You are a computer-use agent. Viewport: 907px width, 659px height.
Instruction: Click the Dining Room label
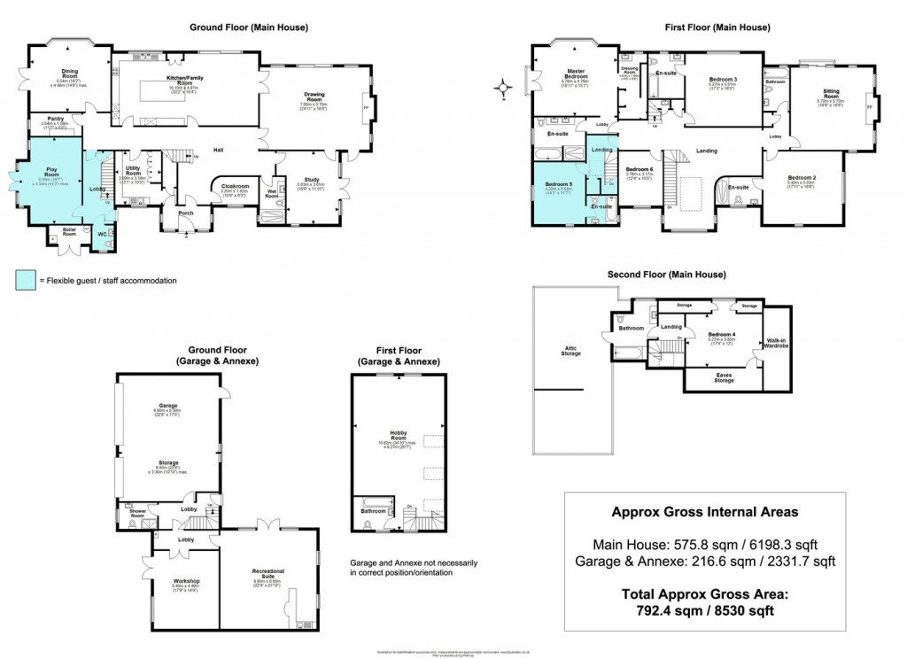[x=69, y=74]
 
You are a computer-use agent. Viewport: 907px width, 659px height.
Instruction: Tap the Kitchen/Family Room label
[x=185, y=80]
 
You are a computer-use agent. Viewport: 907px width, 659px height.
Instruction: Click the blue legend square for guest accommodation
[x=23, y=281]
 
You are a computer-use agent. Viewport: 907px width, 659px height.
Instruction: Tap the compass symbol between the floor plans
[x=504, y=87]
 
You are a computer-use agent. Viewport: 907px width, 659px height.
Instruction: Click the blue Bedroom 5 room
[x=558, y=188]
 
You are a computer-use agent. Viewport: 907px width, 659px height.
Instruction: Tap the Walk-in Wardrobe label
[x=776, y=342]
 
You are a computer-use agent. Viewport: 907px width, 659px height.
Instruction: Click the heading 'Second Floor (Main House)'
[x=666, y=274]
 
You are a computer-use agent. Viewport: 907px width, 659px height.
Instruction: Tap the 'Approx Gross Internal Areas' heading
[x=704, y=512]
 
